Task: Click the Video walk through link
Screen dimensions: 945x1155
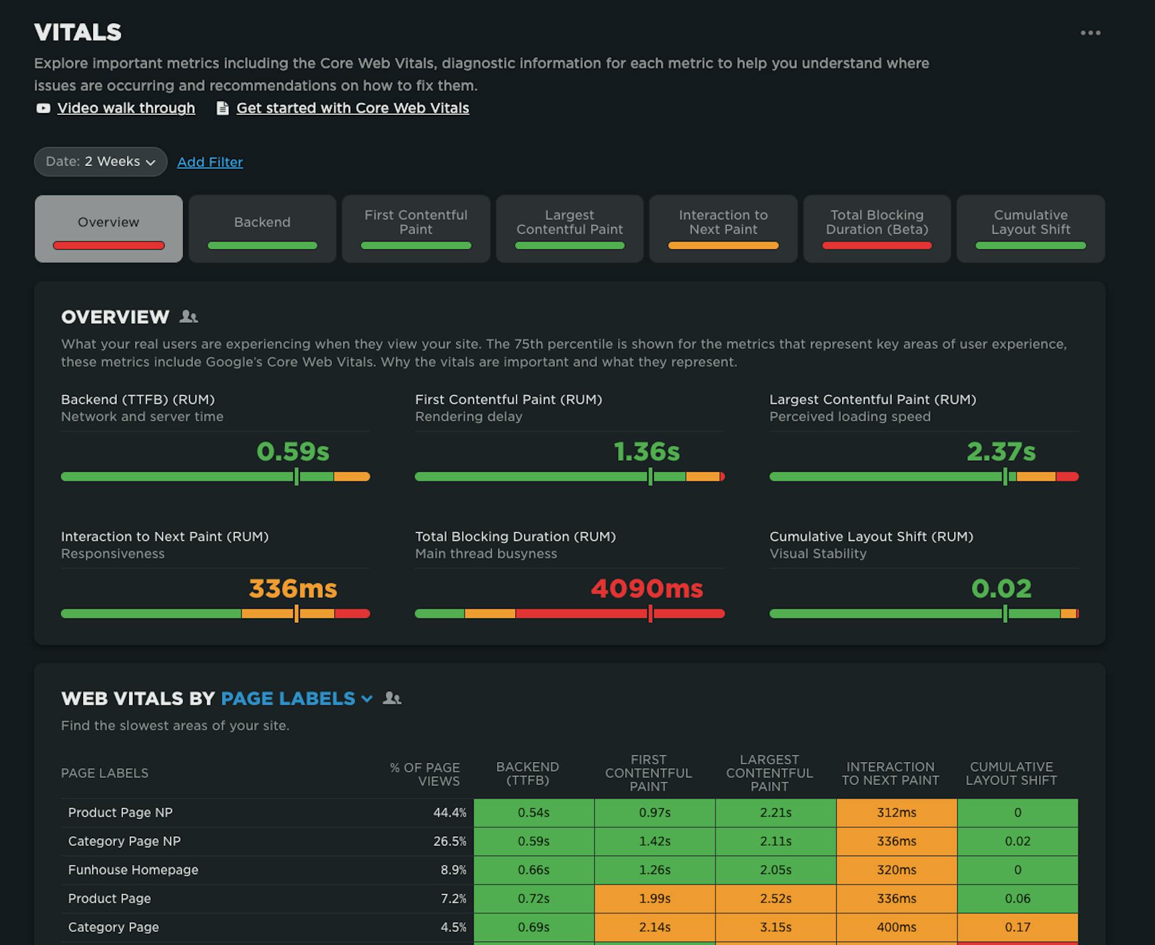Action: [126, 108]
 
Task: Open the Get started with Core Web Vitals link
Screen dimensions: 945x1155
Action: [352, 108]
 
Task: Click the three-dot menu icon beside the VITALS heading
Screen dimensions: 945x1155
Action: [1090, 33]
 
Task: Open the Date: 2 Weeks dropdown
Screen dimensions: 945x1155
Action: [100, 162]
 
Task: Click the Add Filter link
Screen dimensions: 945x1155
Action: [210, 162]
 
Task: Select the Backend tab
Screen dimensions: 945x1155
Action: [262, 229]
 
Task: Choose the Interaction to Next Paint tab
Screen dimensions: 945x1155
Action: [723, 229]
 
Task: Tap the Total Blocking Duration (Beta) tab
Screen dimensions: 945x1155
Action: [877, 229]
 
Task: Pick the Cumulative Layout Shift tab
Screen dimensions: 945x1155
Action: [1030, 229]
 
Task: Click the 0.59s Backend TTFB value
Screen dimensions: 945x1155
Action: [293, 451]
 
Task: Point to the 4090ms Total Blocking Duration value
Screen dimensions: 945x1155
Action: [647, 589]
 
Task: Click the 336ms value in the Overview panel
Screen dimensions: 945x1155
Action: [293, 589]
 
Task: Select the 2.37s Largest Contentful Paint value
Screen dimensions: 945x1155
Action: [1001, 451]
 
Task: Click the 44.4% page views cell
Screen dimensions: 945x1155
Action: [449, 813]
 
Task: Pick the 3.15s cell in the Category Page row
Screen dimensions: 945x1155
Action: [775, 927]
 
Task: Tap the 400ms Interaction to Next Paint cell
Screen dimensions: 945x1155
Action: [896, 927]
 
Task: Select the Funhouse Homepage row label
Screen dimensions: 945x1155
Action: [133, 870]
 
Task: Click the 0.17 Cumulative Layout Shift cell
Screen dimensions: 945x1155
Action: [1017, 927]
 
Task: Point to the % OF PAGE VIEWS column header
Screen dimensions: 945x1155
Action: [425, 774]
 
